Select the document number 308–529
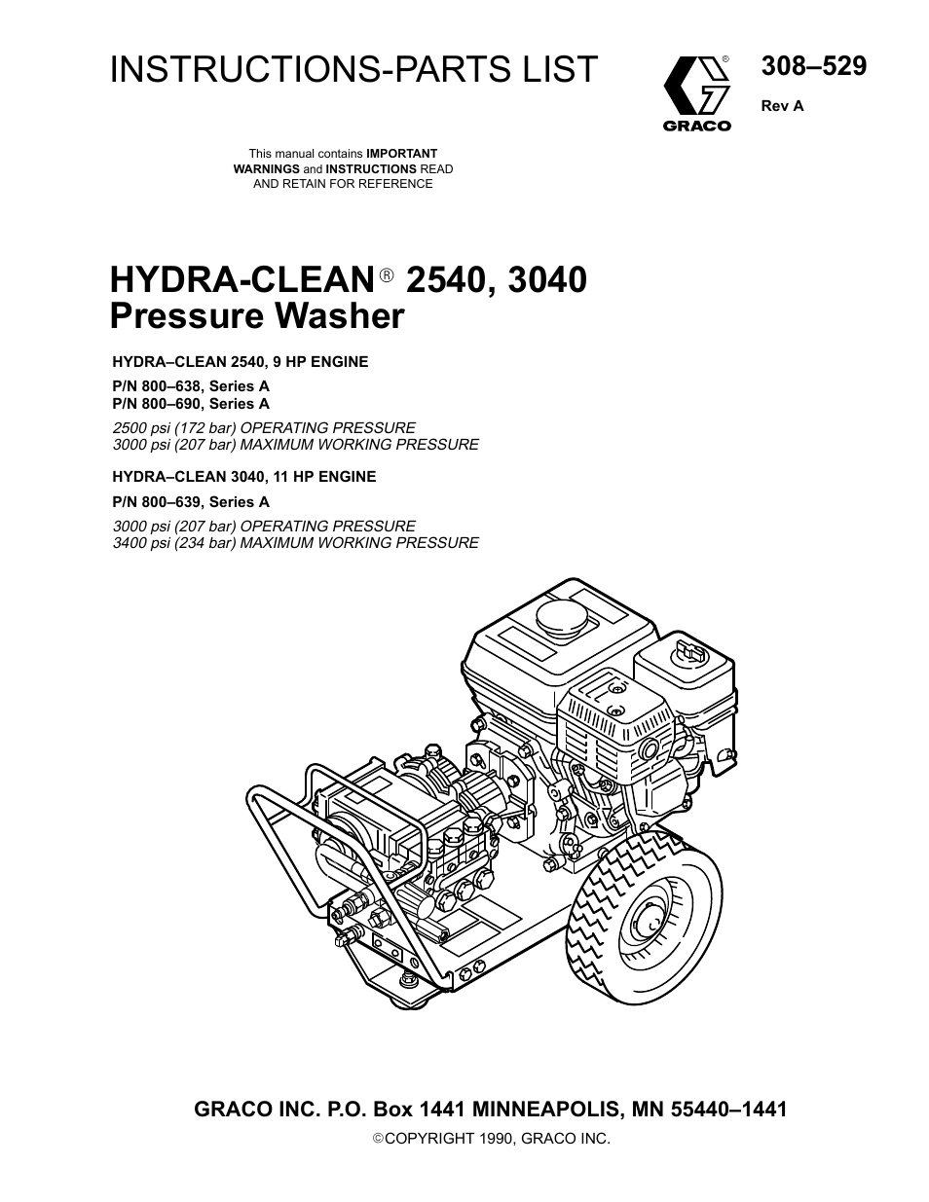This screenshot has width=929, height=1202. (x=812, y=66)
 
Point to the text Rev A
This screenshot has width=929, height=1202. (x=782, y=106)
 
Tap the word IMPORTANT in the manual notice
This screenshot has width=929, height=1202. (x=401, y=154)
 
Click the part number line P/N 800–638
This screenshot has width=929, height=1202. (x=191, y=386)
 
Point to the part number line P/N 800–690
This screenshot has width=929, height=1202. (x=191, y=403)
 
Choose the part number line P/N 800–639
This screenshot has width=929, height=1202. (x=191, y=502)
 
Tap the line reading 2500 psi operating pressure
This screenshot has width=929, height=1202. (x=264, y=427)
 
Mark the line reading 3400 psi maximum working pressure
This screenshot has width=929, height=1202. (x=295, y=543)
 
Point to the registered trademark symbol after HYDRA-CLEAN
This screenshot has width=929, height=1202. (x=386, y=278)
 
